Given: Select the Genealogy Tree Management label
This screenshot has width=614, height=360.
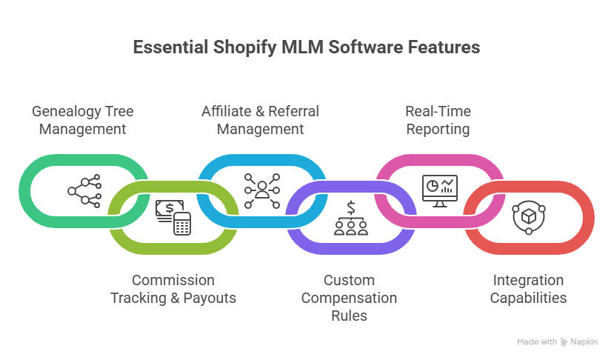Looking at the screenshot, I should click(x=82, y=120).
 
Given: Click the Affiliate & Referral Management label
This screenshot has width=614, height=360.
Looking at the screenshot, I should click(x=260, y=120).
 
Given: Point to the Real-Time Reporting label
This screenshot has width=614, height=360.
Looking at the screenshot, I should click(x=438, y=120).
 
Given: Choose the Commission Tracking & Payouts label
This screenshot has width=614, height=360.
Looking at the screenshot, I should click(x=173, y=289).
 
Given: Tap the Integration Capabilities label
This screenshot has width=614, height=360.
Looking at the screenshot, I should click(x=529, y=289).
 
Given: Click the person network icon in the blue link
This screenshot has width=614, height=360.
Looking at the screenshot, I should click(x=261, y=190).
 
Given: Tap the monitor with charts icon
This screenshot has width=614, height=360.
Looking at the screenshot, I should click(x=439, y=190).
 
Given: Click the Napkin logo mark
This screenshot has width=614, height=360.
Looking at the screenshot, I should click(x=564, y=342).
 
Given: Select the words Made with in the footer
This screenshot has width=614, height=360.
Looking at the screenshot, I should click(x=537, y=342).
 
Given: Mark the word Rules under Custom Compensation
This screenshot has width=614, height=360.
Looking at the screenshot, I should click(x=349, y=316).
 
